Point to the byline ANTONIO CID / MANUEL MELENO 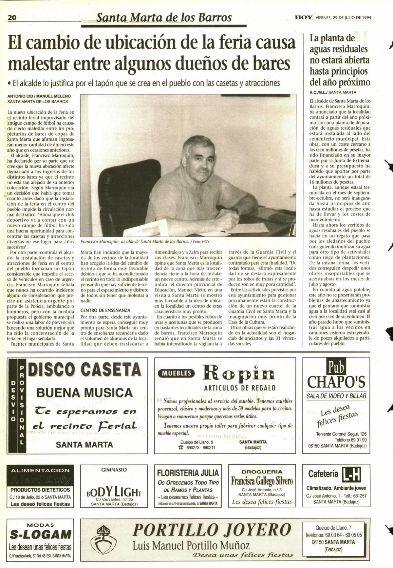click(x=39, y=97)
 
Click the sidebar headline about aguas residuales click(x=339, y=60)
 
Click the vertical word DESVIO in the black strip click(x=13, y=401)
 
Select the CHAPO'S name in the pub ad click(x=336, y=381)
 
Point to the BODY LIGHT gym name click(x=114, y=491)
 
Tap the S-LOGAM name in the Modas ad click(x=40, y=535)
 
